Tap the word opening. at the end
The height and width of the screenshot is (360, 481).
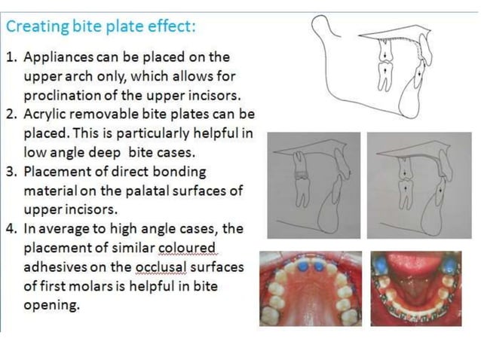[53, 305]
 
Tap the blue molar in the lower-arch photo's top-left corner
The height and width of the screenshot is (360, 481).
[381, 262]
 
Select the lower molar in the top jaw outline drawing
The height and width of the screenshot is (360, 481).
[384, 75]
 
